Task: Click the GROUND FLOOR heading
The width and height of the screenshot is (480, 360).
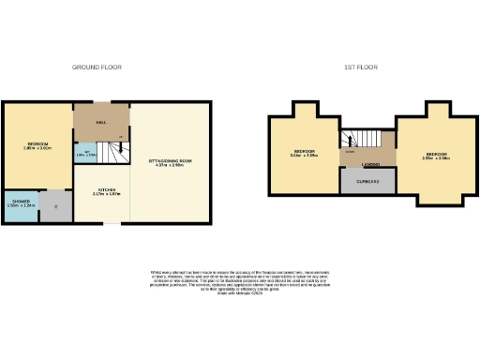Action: tap(97, 67)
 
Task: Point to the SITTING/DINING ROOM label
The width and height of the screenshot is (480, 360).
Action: tap(170, 162)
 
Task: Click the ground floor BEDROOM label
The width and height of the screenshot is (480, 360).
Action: tap(36, 142)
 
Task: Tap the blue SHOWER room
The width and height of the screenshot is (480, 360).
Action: tap(20, 205)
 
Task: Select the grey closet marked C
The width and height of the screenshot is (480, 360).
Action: tap(56, 206)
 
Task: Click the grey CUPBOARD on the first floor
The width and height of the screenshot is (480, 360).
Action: tap(360, 182)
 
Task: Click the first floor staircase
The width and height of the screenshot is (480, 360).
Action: tap(360, 143)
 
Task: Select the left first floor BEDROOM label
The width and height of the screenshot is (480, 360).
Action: tap(306, 151)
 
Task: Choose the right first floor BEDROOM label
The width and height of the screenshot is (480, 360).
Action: tap(437, 154)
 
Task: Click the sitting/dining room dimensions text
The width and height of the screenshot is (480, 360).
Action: tap(170, 167)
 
